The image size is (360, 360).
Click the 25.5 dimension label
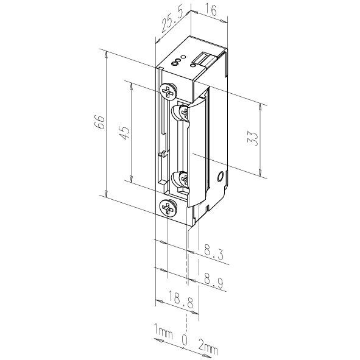(172, 21)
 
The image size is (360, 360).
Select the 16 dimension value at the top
(210, 10)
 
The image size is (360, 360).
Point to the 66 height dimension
(100, 122)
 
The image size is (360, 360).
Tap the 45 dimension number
(125, 133)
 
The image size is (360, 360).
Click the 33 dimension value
(253, 139)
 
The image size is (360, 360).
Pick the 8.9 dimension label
(213, 281)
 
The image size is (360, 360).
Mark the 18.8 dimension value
(181, 300)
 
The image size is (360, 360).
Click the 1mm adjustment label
(163, 332)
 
